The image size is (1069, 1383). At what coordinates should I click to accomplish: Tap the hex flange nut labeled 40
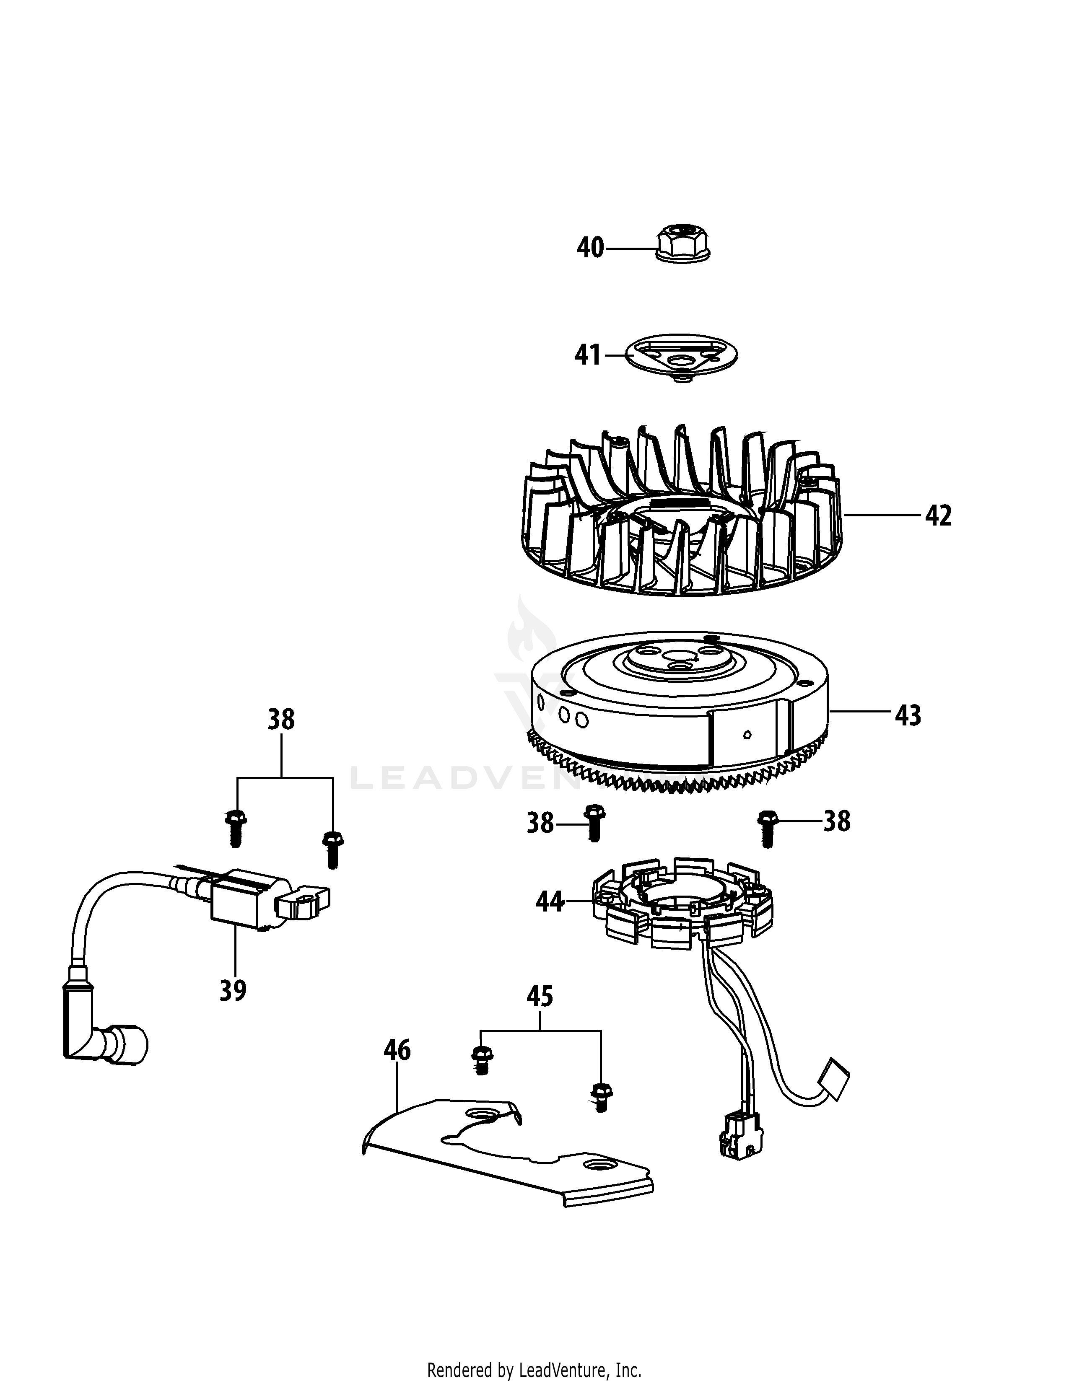pos(682,244)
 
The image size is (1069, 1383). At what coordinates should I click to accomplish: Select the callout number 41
pos(588,355)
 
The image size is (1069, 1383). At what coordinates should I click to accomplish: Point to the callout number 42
pos(938,516)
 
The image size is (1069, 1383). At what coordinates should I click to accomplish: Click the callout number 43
pos(908,715)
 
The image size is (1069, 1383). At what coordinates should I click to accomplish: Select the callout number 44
pos(550,902)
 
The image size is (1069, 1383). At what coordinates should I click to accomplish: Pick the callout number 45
pos(540,997)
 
